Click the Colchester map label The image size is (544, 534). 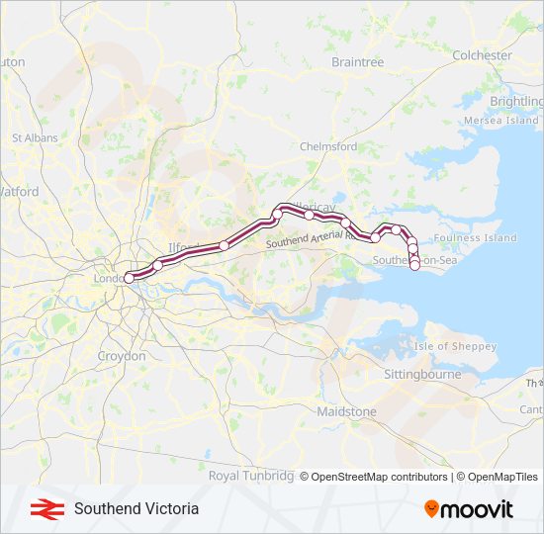coord(482,55)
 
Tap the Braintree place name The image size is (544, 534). coord(357,62)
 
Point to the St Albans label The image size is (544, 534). coord(35,138)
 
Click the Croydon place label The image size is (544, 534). coord(122,356)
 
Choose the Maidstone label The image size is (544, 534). coord(346,411)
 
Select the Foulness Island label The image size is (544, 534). coord(475,238)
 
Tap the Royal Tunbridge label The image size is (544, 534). coord(251,476)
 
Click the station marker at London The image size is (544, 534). coord(129,279)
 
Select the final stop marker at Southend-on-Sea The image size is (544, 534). coord(414,265)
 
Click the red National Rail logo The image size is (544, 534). coord(43,508)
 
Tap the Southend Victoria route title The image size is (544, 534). coord(136,508)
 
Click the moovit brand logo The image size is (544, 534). coord(469,509)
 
